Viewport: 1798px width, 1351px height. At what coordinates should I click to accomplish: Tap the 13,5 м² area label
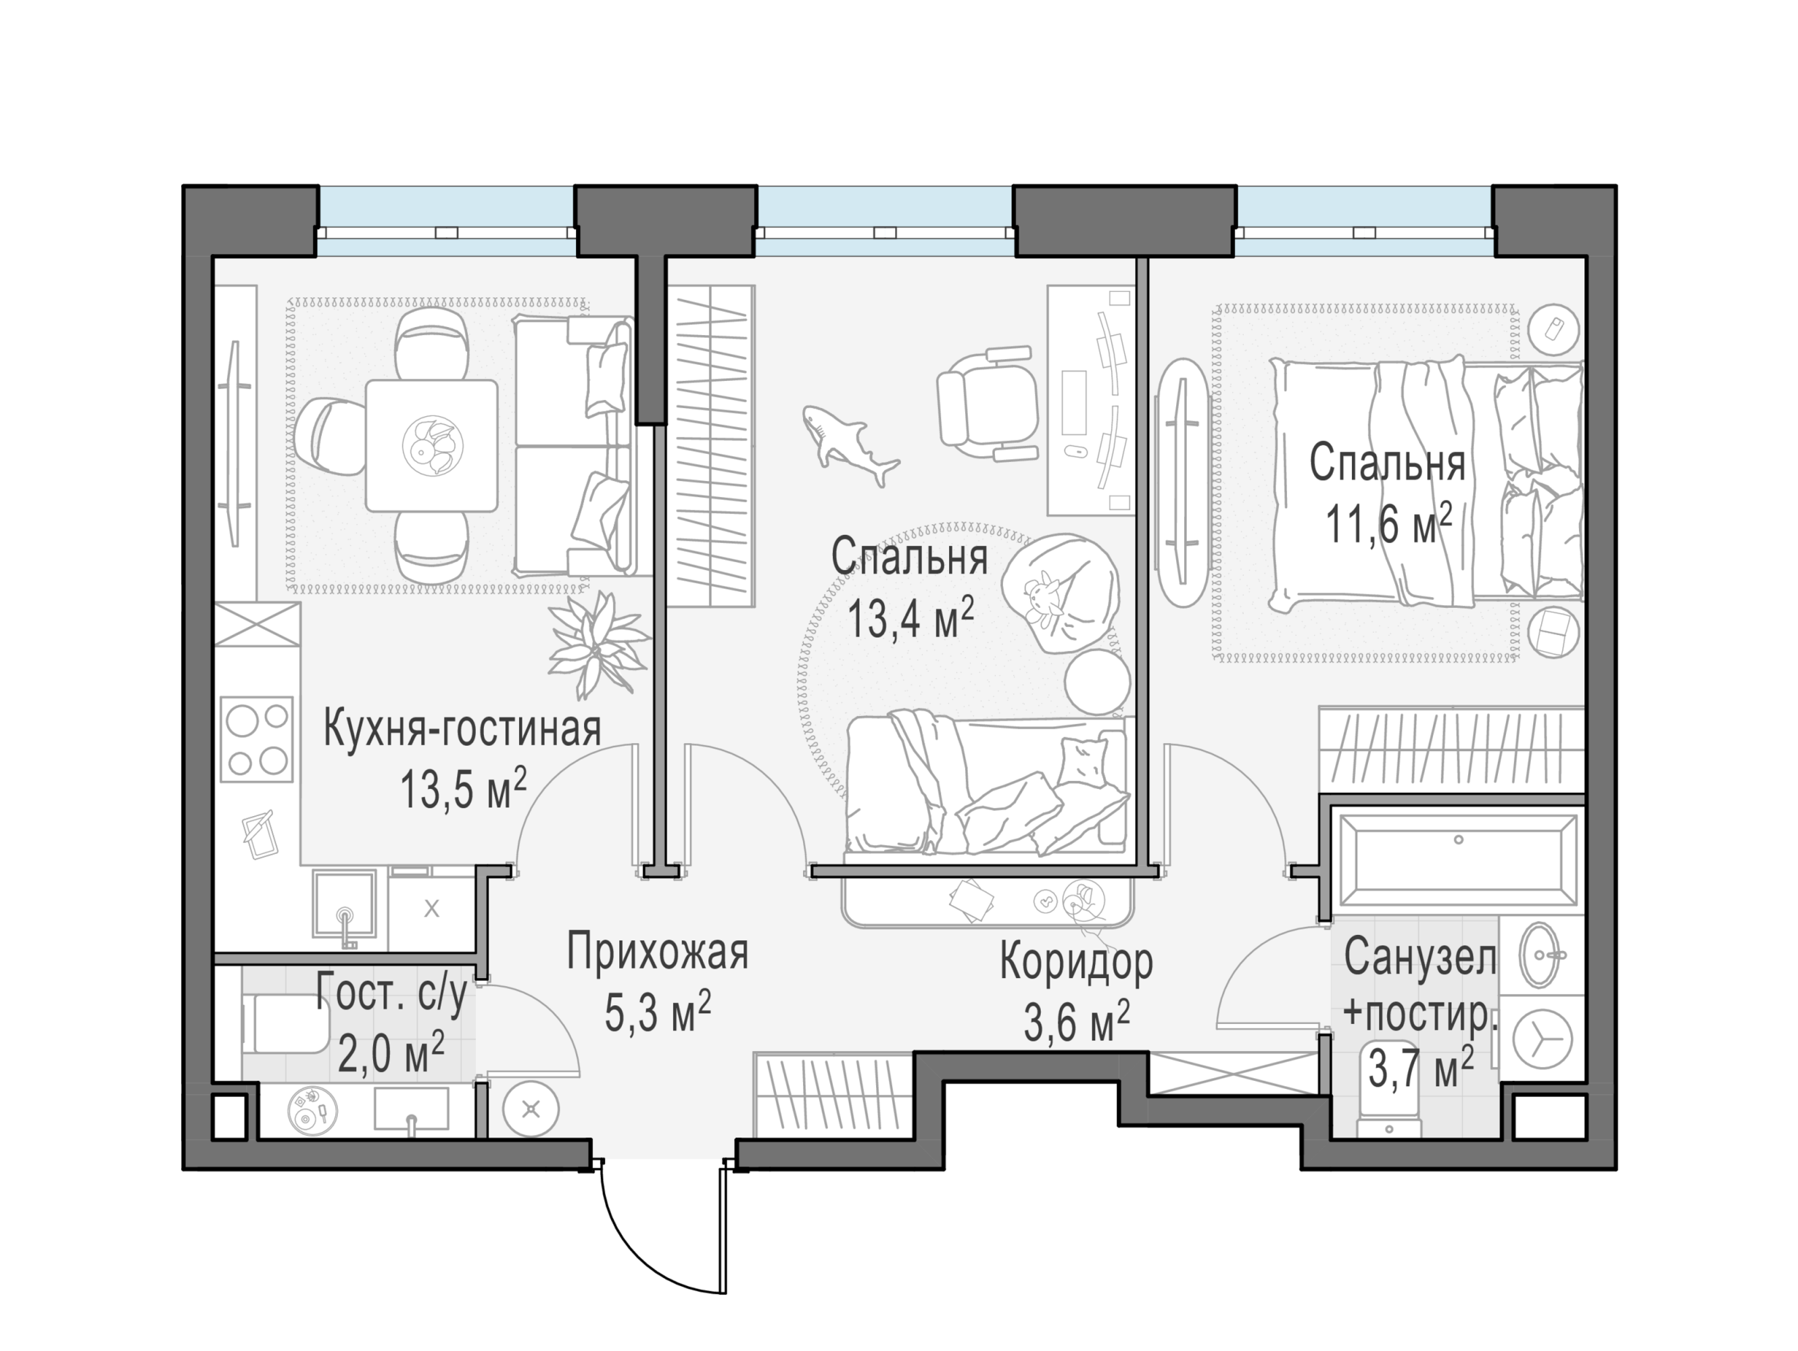462,789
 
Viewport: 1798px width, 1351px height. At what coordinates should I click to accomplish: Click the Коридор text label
1076,963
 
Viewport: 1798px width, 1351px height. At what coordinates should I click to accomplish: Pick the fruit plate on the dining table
433,446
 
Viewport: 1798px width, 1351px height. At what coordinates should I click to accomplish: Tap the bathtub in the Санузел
1457,861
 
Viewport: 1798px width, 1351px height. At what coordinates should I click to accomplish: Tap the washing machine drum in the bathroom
1538,1039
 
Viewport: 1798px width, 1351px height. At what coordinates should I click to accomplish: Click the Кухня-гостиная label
462,729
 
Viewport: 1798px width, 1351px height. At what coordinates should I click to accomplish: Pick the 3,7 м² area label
1420,1067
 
